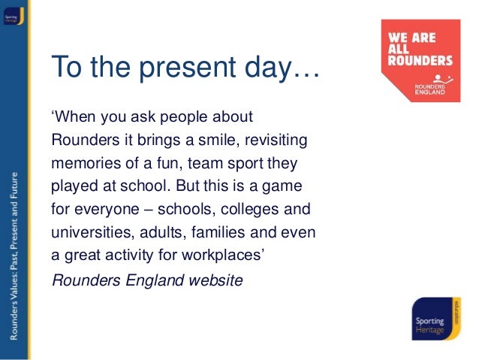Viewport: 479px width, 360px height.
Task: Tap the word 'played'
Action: [74, 186]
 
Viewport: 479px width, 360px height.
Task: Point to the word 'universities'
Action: [86, 231]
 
